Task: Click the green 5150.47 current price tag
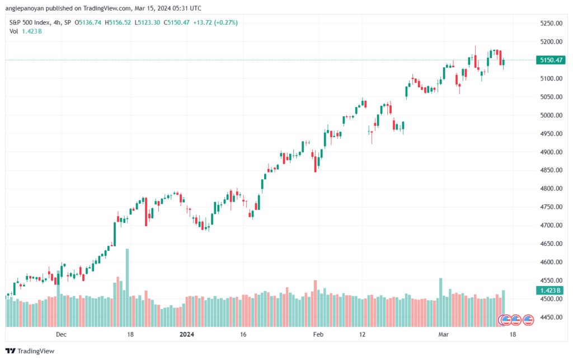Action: (x=551, y=60)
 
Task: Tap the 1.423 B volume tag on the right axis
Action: (x=551, y=291)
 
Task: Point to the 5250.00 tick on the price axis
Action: (x=551, y=24)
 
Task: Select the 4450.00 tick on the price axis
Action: (x=551, y=317)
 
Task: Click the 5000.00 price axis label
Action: (x=551, y=115)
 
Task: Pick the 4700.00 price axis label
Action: (x=551, y=225)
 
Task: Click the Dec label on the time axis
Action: (x=61, y=334)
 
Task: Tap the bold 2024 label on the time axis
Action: (x=187, y=334)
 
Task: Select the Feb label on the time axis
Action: (x=318, y=334)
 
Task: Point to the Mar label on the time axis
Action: (x=443, y=334)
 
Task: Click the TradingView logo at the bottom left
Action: (x=30, y=351)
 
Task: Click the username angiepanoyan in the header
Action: (x=25, y=8)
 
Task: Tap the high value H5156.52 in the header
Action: (x=118, y=22)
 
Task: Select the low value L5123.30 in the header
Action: (x=147, y=22)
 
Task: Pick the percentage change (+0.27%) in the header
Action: (x=226, y=22)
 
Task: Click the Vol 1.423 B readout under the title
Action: (x=26, y=31)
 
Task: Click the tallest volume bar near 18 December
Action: (x=127, y=288)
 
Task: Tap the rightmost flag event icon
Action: (x=528, y=320)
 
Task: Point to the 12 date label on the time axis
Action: (x=362, y=334)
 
